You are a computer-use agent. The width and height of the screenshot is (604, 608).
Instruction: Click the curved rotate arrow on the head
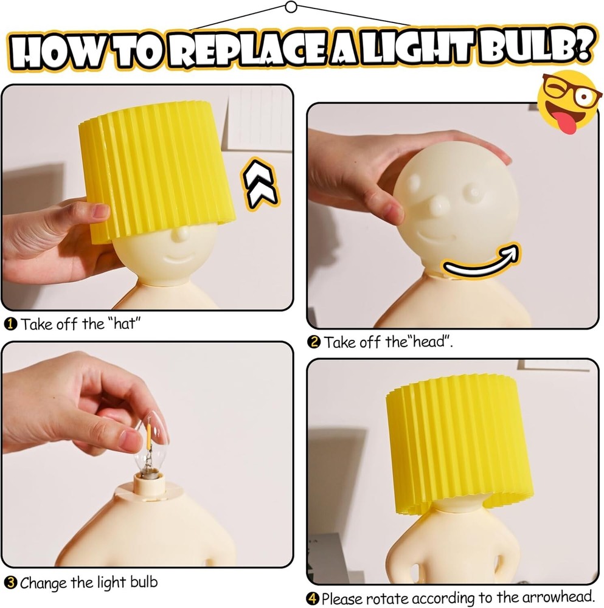click(481, 262)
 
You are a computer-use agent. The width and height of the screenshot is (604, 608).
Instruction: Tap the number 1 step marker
click(12, 324)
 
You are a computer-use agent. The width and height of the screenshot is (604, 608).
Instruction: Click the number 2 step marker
click(314, 342)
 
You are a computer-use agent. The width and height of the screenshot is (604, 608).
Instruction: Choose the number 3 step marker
click(10, 583)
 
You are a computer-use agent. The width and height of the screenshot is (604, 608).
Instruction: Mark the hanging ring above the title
click(291, 7)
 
